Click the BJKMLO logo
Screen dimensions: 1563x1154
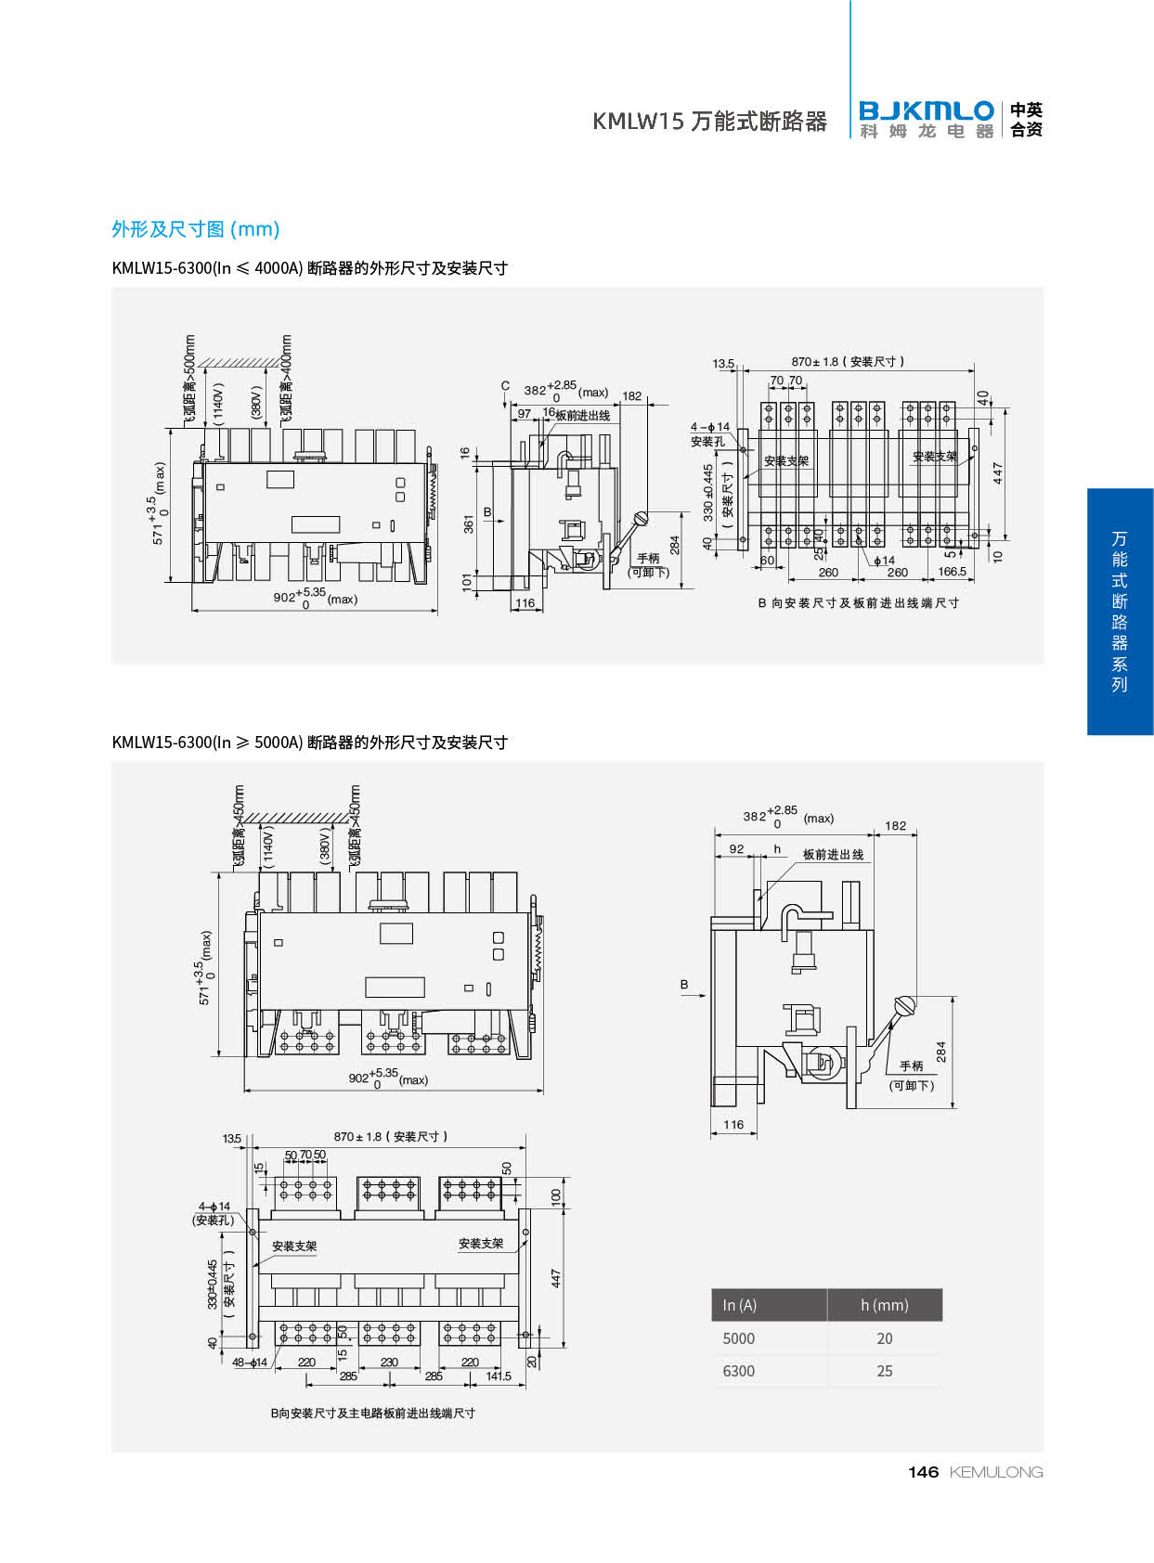tap(926, 120)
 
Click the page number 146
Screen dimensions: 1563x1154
tap(923, 1472)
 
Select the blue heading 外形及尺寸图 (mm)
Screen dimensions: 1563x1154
tap(195, 229)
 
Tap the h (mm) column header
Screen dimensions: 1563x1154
tap(884, 1305)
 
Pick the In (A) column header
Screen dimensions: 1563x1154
tap(740, 1305)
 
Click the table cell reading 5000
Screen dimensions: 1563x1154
tap(739, 1338)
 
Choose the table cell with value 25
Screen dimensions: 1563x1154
tap(884, 1371)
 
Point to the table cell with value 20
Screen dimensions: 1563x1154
tap(884, 1338)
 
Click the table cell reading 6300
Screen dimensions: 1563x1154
tap(739, 1371)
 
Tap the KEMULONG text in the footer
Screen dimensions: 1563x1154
tap(996, 1472)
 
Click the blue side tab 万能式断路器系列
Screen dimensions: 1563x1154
tap(1120, 612)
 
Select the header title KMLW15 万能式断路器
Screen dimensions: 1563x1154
tap(709, 122)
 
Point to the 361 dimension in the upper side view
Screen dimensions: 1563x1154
tap(469, 523)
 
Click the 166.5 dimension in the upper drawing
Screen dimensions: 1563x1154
tap(952, 572)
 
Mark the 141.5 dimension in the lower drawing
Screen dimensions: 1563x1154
tap(499, 1376)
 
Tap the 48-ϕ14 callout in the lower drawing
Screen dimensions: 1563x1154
tap(250, 1363)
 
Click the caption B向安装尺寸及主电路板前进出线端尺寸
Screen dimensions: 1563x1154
tap(372, 1414)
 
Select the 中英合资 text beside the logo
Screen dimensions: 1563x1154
tap(1026, 121)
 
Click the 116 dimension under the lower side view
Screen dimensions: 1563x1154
tap(733, 1124)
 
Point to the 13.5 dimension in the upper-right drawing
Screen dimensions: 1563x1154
tap(723, 364)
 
